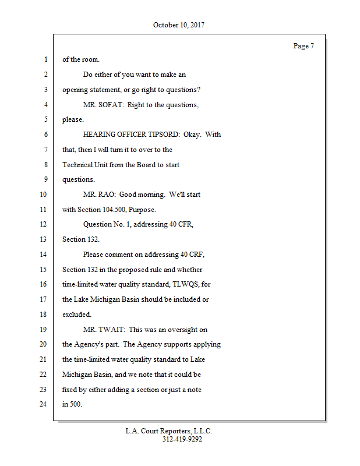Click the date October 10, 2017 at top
tap(179, 25)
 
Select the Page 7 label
tap(303, 46)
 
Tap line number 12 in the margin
tap(44, 224)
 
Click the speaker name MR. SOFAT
tap(103, 105)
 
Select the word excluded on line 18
tap(77, 315)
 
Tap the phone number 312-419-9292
tap(182, 440)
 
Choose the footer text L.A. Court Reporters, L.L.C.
tap(169, 431)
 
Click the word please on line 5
tap(73, 120)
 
